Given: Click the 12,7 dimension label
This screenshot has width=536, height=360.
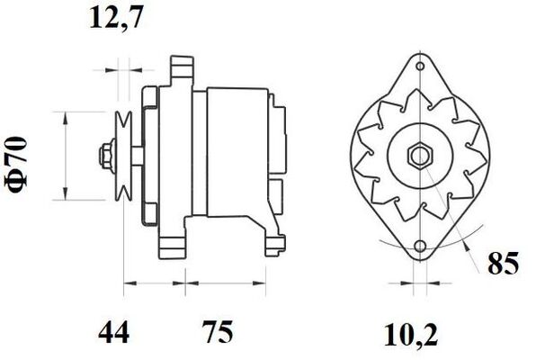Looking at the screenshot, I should (116, 18).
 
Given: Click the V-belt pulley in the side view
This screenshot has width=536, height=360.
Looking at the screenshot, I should (124, 155).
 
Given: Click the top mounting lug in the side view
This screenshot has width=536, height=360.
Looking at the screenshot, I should (183, 68).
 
